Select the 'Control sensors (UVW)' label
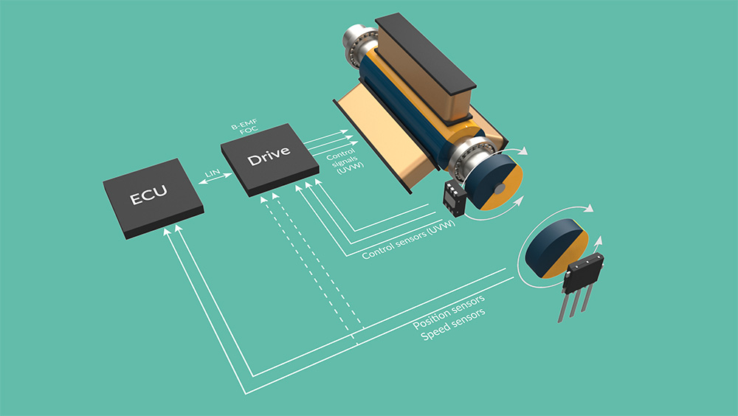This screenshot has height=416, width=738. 408,240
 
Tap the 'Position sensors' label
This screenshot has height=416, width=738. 449,313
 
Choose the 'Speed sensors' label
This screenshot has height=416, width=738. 452,326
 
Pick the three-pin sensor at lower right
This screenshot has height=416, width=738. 580,280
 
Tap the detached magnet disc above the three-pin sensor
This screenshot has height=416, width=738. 554,248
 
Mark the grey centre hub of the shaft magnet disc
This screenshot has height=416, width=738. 500,190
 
